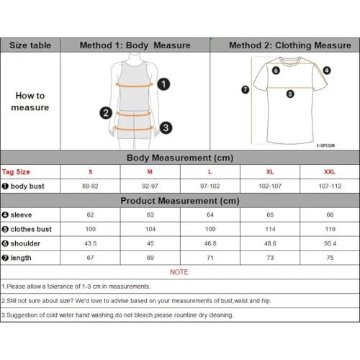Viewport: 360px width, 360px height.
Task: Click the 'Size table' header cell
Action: pyautogui.click(x=30, y=45)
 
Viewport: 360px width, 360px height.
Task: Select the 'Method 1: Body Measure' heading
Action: pyautogui.click(x=135, y=45)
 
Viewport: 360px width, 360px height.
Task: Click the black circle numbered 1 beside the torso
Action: pyautogui.click(x=164, y=84)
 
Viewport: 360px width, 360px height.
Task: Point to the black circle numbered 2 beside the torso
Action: pyautogui.click(x=106, y=112)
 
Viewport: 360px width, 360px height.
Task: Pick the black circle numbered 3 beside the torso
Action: pyautogui.click(x=166, y=127)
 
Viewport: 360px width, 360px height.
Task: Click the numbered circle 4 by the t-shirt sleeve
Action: pyautogui.click(x=326, y=71)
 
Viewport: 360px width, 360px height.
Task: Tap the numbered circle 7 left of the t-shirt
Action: pyautogui.click(x=245, y=90)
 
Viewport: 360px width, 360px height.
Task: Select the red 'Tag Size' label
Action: pyautogui.click(x=16, y=172)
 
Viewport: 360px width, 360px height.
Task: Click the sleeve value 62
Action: pyautogui.click(x=91, y=215)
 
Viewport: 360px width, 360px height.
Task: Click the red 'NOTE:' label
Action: pyautogui.click(x=180, y=272)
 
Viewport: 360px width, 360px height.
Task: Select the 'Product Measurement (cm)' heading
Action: pyautogui.click(x=179, y=201)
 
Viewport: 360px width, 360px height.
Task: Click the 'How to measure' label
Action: pyautogui.click(x=30, y=102)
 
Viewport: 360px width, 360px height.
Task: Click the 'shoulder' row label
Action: pyautogui.click(x=26, y=243)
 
